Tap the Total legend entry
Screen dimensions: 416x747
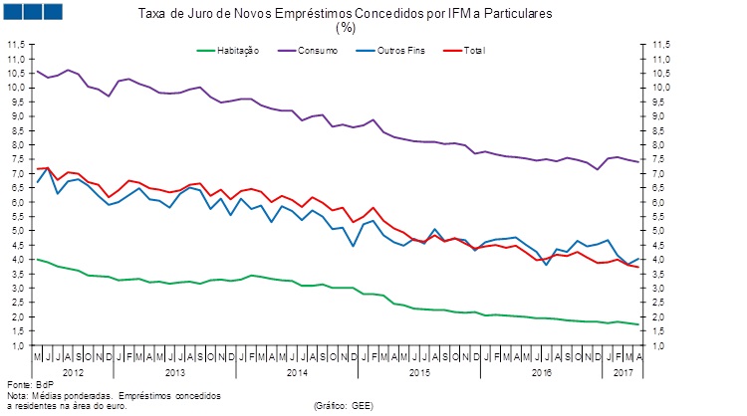click(474, 49)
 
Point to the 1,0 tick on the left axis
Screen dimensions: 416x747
click(18, 344)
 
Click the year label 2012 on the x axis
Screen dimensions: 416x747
click(75, 371)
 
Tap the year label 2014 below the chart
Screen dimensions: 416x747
click(296, 371)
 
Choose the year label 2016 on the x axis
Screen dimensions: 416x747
click(541, 371)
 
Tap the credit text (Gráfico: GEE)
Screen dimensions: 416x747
click(345, 406)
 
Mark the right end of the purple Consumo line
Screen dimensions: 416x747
click(638, 161)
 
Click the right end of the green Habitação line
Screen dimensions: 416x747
click(638, 324)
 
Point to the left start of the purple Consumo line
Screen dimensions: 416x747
click(37, 71)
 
